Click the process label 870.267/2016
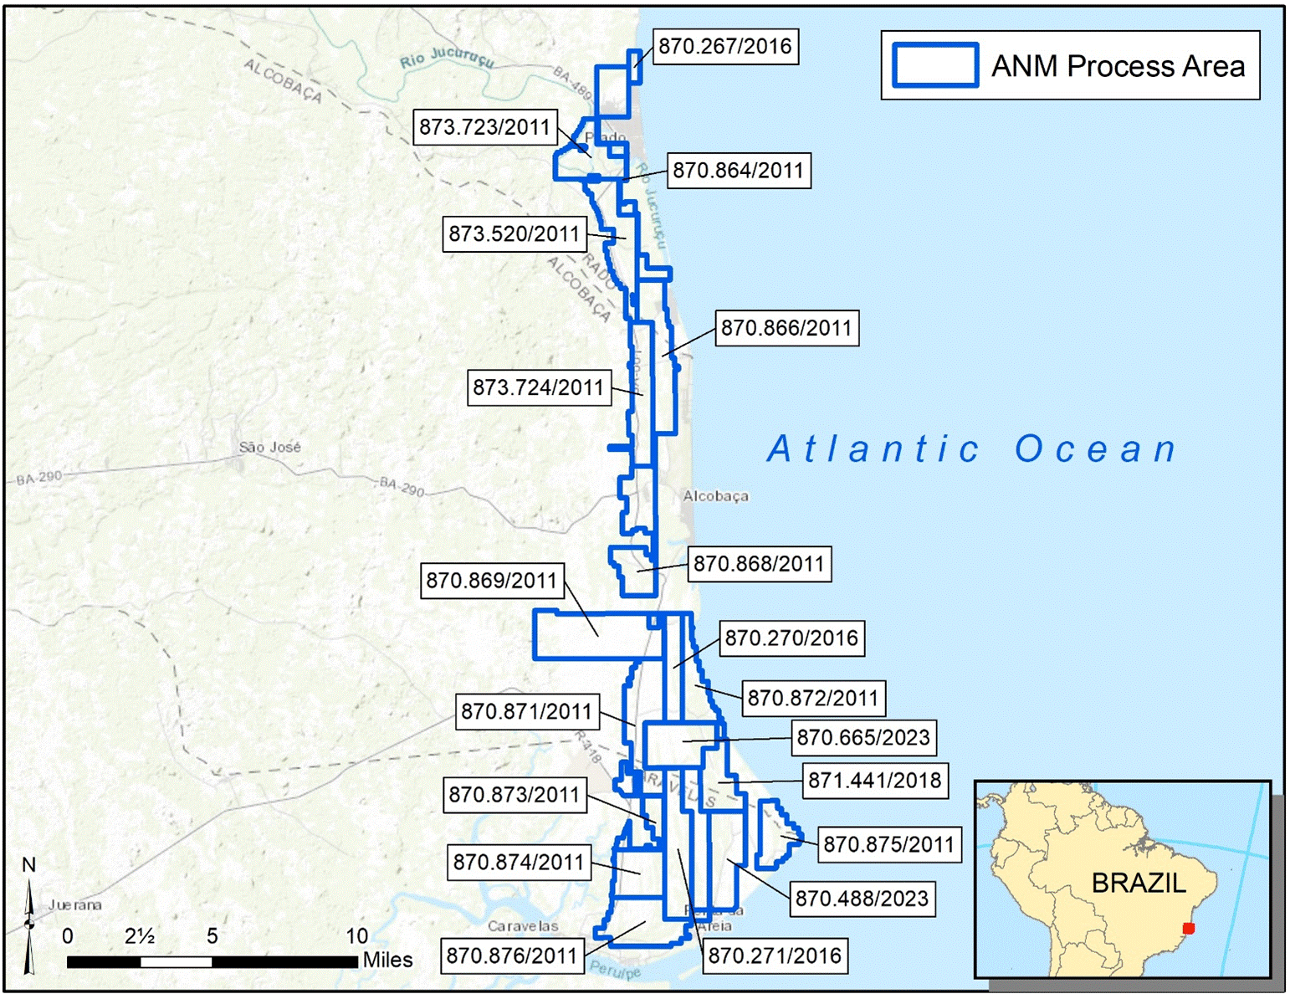click(724, 46)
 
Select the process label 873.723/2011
click(484, 127)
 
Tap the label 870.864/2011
click(738, 171)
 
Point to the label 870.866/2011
click(786, 328)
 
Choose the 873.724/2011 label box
click(538, 387)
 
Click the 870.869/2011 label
click(491, 581)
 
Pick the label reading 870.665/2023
click(863, 737)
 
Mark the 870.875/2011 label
click(888, 844)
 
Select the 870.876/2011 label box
click(512, 956)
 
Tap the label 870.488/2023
click(862, 899)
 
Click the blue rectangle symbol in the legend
click(934, 65)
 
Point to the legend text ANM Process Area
click(1118, 66)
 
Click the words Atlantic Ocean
click(972, 449)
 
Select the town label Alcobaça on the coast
click(715, 496)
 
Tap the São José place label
click(269, 448)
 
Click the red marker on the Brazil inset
click(1189, 928)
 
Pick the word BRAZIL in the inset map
click(1139, 883)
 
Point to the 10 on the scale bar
click(357, 936)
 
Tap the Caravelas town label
click(523, 926)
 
